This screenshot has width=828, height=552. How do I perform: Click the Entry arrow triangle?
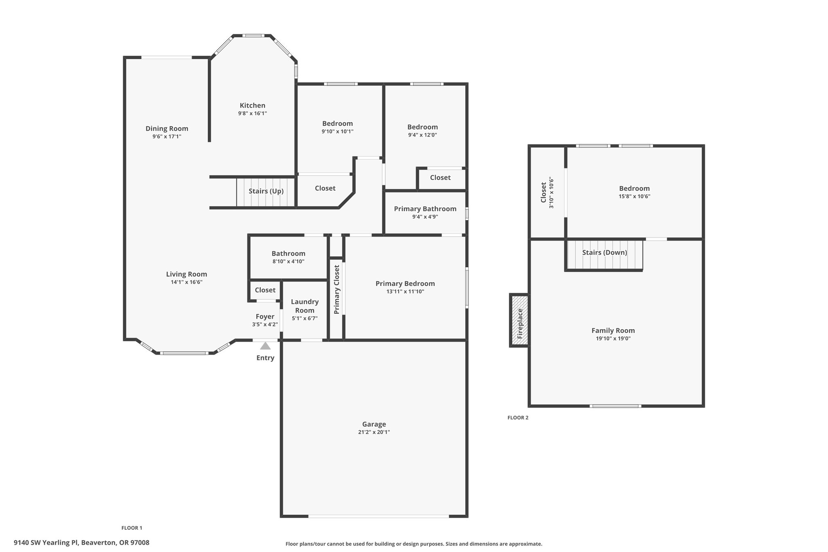(x=265, y=346)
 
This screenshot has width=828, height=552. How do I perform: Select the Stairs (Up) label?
(x=266, y=191)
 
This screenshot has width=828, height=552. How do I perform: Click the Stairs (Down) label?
(x=604, y=252)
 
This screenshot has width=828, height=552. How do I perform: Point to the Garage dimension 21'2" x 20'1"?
(x=374, y=432)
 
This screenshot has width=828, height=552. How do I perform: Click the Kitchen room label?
(x=253, y=106)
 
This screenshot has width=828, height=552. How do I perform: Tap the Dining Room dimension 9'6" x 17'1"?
(x=167, y=136)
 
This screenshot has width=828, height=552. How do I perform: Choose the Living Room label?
(x=186, y=274)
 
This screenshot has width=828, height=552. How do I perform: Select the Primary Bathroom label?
(x=425, y=209)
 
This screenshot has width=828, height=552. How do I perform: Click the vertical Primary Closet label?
(x=337, y=290)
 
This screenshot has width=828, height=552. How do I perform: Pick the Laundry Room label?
(x=305, y=306)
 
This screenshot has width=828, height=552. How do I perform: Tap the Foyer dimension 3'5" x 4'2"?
(x=265, y=324)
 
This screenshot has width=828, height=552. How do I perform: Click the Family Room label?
(x=613, y=330)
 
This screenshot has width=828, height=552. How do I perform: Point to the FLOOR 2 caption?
(x=518, y=418)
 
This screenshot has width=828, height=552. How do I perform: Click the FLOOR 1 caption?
(x=132, y=528)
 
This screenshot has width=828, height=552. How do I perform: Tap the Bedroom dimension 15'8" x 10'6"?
(x=634, y=197)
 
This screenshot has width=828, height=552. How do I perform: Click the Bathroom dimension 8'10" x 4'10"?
(x=288, y=262)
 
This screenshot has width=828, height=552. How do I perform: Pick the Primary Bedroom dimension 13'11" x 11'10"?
(x=405, y=292)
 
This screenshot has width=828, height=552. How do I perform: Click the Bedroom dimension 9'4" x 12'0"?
(x=422, y=135)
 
